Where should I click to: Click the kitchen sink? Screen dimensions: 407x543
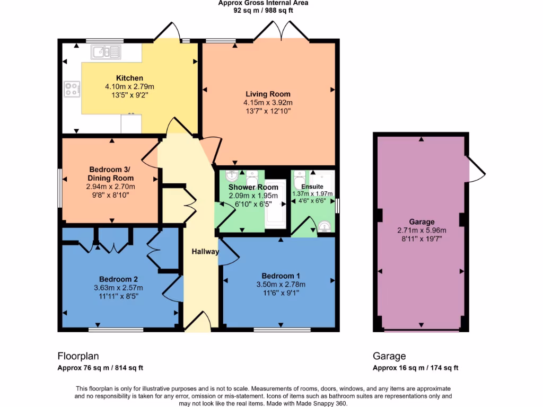(x=106, y=51)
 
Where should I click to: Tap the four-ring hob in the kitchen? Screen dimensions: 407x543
(x=72, y=89)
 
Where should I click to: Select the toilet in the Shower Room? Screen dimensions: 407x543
(x=252, y=176)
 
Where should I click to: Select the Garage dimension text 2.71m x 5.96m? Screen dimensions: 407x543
(x=422, y=231)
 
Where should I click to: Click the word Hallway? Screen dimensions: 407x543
(x=205, y=252)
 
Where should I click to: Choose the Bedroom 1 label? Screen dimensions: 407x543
(x=281, y=276)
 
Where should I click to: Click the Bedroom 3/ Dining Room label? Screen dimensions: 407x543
(x=110, y=174)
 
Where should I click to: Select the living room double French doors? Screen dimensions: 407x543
(x=281, y=32)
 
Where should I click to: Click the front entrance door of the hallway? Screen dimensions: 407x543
(x=197, y=322)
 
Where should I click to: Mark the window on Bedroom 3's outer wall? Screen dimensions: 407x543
(x=60, y=188)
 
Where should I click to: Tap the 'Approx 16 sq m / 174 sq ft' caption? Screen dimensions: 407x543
(x=415, y=368)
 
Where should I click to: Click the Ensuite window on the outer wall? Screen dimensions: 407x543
(x=337, y=205)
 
